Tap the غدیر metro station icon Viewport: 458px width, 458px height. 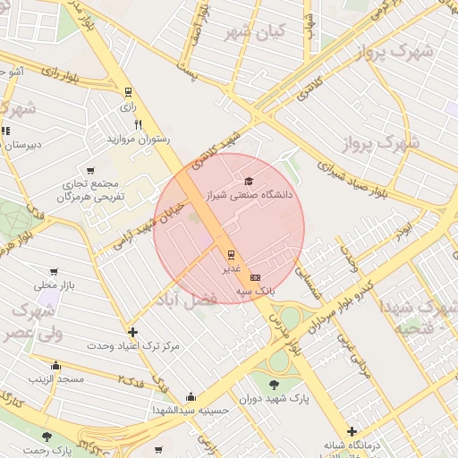[231, 253]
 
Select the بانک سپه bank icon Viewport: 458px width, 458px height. [256, 278]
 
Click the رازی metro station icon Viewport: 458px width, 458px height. [128, 91]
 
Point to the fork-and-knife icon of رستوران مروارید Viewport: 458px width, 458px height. [137, 125]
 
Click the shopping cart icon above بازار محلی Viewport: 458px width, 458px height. [55, 272]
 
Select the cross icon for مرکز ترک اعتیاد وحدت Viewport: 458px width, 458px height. [133, 332]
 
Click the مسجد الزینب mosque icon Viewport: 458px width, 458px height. [56, 365]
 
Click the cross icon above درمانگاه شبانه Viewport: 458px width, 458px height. [352, 431]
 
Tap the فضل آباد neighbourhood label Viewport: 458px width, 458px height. [187, 301]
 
